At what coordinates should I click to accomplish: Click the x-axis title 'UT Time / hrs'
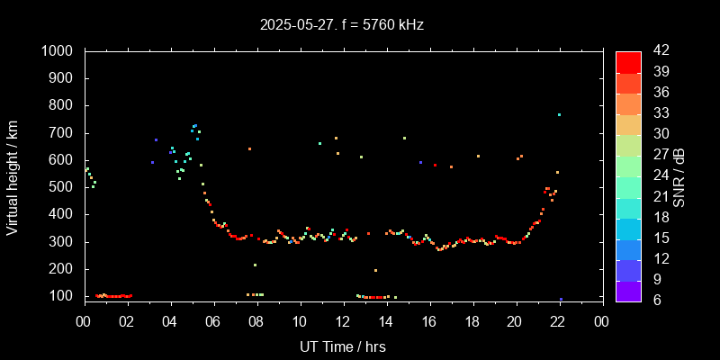point(343,346)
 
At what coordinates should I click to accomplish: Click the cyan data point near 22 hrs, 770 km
point(559,114)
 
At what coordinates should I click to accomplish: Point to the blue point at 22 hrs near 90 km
point(561,299)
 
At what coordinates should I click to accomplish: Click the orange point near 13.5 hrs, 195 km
point(375,270)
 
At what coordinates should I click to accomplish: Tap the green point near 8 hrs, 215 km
point(256,265)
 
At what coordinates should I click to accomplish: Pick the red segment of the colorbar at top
point(628,61)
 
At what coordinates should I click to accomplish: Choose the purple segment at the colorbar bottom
point(628,291)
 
